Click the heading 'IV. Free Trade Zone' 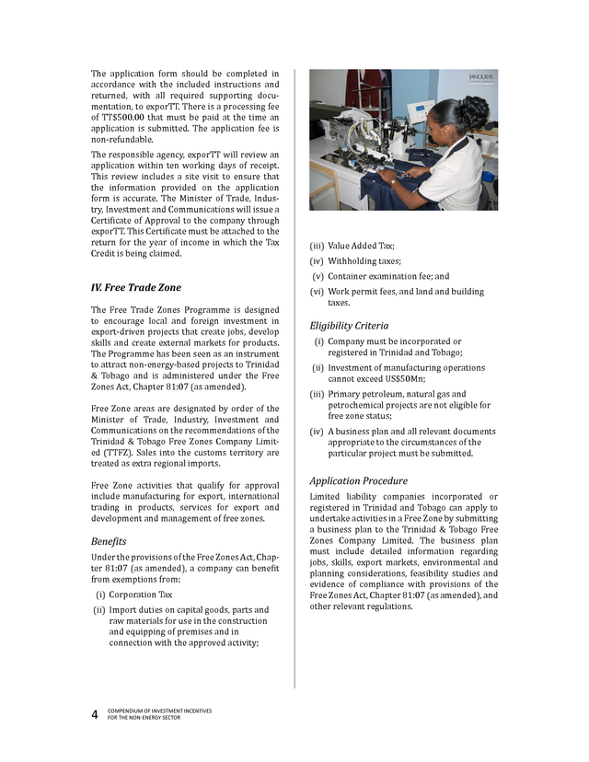coord(136,287)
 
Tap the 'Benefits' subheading coord(109,541)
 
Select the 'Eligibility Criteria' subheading coord(349,325)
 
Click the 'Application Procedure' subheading coord(358,480)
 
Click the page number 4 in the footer coord(94,714)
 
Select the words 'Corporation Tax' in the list coord(140,595)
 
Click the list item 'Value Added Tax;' coord(361,246)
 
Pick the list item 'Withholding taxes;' coord(364,260)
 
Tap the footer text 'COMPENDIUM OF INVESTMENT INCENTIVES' coord(157,710)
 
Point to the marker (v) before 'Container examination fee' coord(318,276)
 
